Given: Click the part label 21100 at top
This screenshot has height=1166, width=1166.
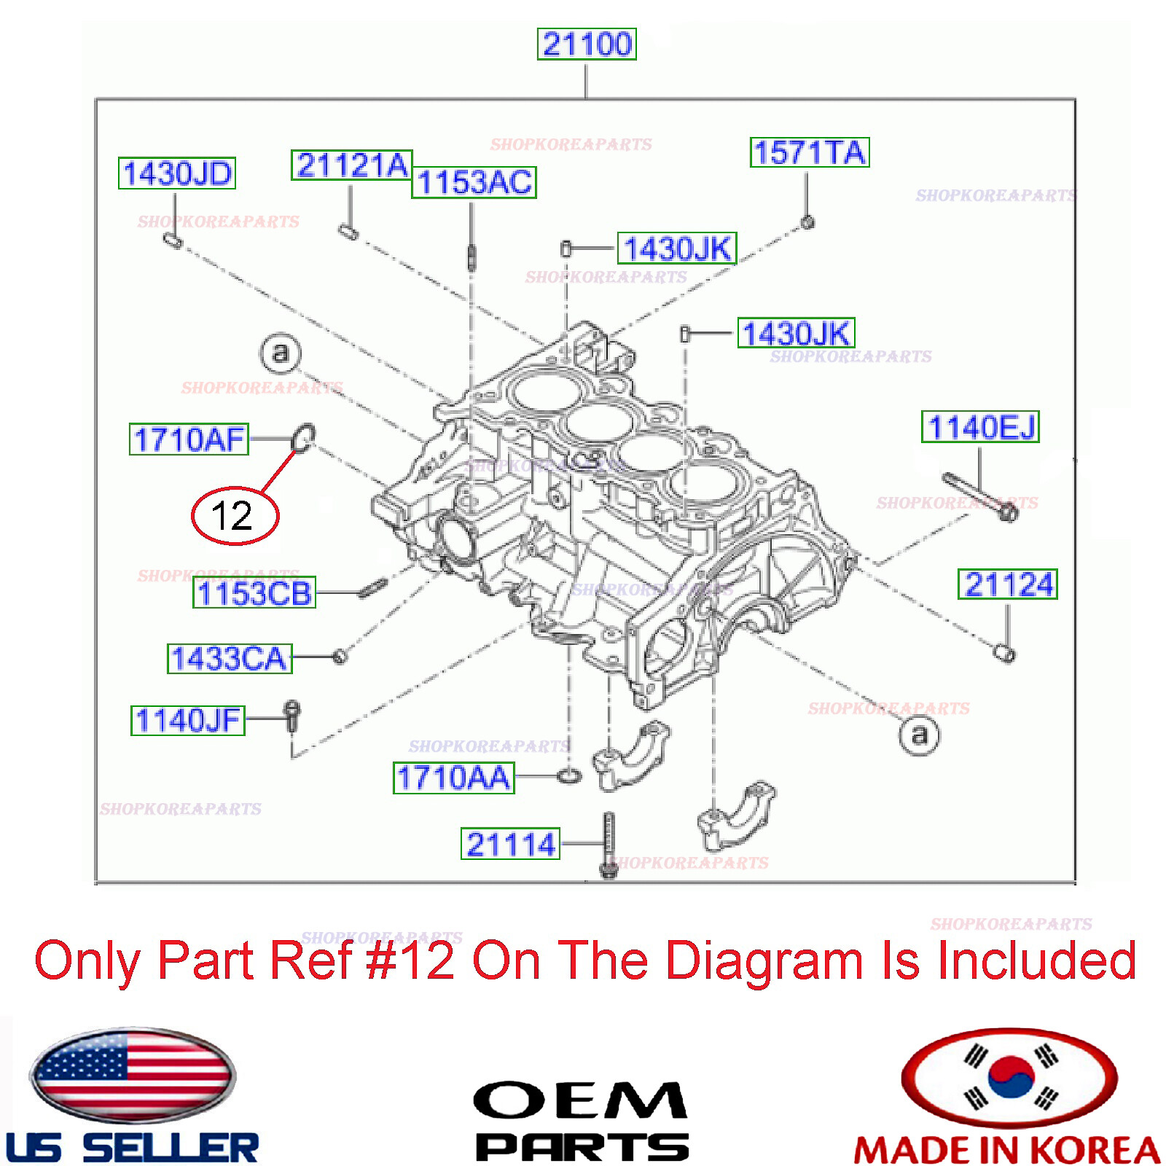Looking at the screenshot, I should point(586,44).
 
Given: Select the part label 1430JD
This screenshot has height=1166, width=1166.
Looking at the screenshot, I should point(177,173).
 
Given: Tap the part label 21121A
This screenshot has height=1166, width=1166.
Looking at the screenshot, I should point(351,165).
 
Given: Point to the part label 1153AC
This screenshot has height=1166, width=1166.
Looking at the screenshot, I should point(474,182).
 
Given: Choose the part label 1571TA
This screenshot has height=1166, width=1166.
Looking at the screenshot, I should point(809,152).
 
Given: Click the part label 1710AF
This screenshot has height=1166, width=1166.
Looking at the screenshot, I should point(189,439).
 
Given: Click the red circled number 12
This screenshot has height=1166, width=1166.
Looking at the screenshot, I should point(234,515).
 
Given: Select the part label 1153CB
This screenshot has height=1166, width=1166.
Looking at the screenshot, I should point(254,593).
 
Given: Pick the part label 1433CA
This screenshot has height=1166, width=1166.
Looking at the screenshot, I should point(230,658).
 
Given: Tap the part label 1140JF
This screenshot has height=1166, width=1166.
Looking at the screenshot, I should point(187,720).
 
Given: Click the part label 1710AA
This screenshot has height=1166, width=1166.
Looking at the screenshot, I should point(453,778).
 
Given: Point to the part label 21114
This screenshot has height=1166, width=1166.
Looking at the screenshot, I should point(510,844).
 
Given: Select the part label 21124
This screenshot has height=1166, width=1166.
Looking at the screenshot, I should point(1007,584).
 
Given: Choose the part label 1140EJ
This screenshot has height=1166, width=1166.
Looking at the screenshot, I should point(980,427).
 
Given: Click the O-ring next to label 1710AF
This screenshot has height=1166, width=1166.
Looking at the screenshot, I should point(303,438).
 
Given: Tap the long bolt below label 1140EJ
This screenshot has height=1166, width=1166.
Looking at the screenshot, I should point(980,497).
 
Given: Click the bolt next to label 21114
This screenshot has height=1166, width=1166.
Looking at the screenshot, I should point(609,845).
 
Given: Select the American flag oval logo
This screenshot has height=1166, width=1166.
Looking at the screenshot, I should point(132,1076).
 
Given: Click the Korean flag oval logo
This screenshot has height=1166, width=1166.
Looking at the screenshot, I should point(1009,1077).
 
